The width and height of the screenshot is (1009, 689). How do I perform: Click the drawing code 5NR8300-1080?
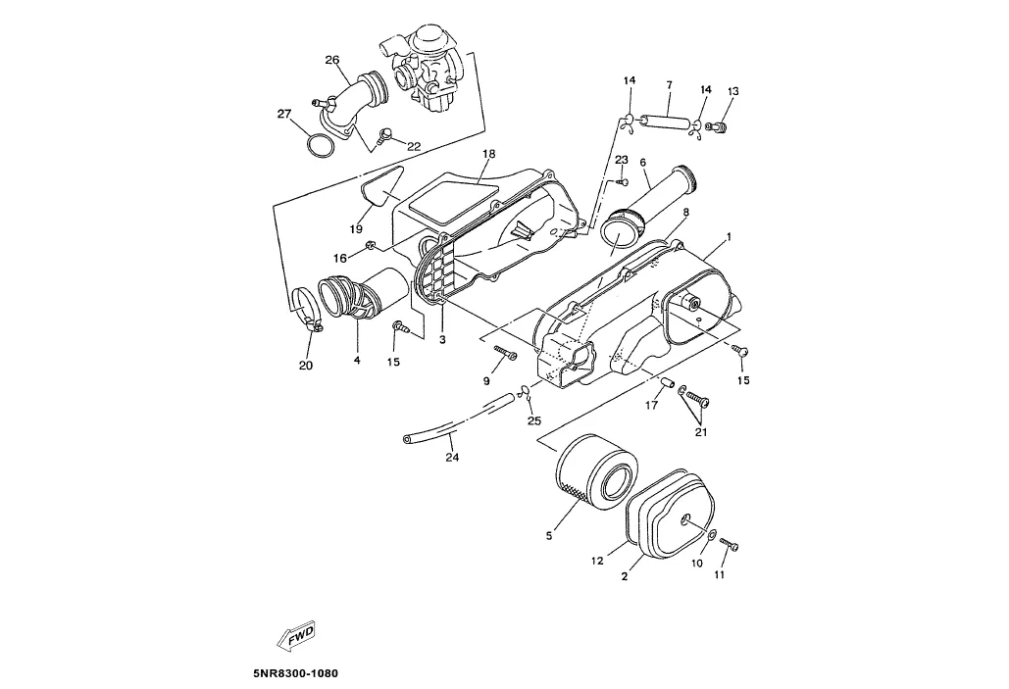(295, 674)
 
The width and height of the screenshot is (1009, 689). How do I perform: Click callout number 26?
(332, 60)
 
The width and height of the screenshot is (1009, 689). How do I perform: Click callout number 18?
(488, 154)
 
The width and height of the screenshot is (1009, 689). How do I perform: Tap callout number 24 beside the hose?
(452, 456)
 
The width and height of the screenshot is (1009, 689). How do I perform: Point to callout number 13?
(732, 91)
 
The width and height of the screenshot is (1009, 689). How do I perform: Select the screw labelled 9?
(506, 353)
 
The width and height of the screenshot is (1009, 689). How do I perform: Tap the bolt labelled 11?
(728, 544)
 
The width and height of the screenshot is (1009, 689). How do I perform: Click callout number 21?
(700, 430)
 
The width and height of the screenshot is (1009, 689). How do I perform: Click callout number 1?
(729, 238)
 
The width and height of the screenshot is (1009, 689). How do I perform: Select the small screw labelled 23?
(622, 181)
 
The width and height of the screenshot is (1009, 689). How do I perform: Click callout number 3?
(442, 339)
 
